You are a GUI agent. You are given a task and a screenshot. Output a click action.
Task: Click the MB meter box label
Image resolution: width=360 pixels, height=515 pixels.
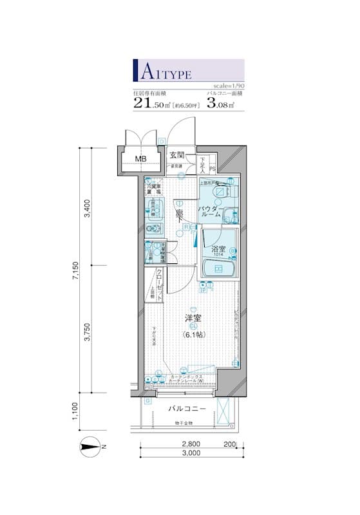[140, 159]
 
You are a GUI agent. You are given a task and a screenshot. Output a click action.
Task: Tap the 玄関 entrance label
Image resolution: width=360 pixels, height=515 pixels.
[177, 155]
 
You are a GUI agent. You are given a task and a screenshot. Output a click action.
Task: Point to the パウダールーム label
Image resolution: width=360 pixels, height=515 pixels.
[210, 212]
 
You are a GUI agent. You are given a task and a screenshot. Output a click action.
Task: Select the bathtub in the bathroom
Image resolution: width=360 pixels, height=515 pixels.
[218, 270]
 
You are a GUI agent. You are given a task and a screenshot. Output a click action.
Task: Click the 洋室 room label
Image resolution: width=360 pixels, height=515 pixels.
[191, 318]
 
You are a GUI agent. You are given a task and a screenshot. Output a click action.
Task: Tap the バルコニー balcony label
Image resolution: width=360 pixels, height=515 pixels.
[187, 409]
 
